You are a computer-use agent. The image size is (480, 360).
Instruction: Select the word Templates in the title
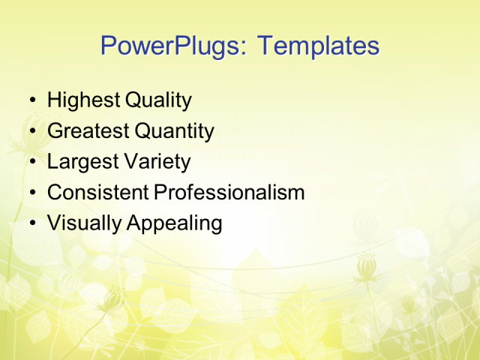click(x=318, y=46)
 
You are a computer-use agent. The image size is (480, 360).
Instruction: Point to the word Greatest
click(x=88, y=131)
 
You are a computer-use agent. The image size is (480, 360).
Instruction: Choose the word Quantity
click(x=174, y=131)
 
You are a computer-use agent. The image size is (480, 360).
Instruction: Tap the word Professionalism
click(x=229, y=193)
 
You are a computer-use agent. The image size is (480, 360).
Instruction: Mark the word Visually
click(x=84, y=223)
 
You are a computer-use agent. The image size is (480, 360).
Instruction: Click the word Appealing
click(x=174, y=223)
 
